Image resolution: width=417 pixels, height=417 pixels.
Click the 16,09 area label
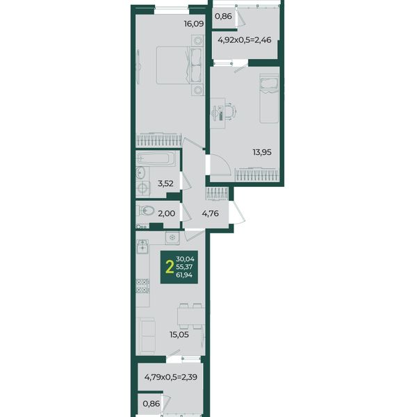[x=194, y=24]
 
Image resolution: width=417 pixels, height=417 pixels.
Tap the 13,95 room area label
[x=262, y=152]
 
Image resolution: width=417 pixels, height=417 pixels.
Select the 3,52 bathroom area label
[x=165, y=183]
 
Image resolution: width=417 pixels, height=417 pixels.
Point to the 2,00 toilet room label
[x=167, y=213]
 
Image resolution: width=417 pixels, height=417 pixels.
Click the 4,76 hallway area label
[x=211, y=213]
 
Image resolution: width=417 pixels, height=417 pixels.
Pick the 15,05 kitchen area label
[x=179, y=334]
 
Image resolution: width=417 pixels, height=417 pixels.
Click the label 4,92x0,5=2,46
[x=245, y=40]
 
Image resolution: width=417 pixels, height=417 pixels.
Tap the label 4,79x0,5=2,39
[x=171, y=377]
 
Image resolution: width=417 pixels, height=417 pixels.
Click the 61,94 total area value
[x=184, y=275]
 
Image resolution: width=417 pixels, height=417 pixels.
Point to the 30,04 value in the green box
[x=185, y=259]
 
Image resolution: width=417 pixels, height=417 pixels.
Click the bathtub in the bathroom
[x=156, y=158]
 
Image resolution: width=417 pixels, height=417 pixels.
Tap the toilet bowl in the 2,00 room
[x=145, y=211]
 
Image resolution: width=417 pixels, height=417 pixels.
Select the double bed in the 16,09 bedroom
[x=179, y=65]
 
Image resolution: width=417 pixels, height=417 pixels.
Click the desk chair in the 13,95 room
[x=230, y=111]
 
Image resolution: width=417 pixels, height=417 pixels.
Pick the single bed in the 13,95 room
[x=269, y=99]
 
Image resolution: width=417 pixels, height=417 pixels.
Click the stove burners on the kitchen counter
[x=142, y=286]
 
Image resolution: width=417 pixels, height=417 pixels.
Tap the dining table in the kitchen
[x=191, y=316]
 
